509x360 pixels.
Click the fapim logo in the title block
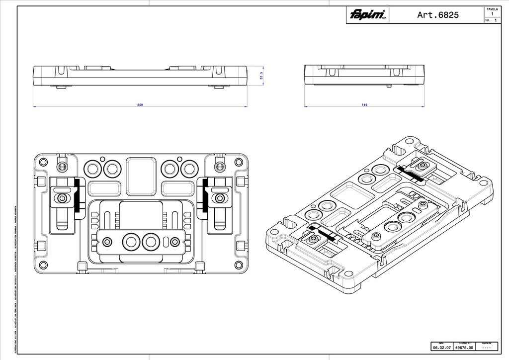tap(367, 15)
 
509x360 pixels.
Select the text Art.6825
tap(438, 15)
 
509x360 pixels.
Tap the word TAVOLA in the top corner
tap(492, 9)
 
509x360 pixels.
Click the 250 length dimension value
tap(140, 105)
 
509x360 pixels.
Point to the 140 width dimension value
tap(364, 105)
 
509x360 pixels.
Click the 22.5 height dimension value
tap(261, 76)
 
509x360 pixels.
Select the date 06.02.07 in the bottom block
tap(441, 348)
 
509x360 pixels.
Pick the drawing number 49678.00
tap(464, 348)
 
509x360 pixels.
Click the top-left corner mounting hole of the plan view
tap(43, 162)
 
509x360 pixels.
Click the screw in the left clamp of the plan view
tap(62, 198)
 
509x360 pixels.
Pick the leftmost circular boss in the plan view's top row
tap(92, 169)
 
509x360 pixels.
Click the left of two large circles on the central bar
tap(131, 242)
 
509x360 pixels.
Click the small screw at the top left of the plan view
tap(62, 165)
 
